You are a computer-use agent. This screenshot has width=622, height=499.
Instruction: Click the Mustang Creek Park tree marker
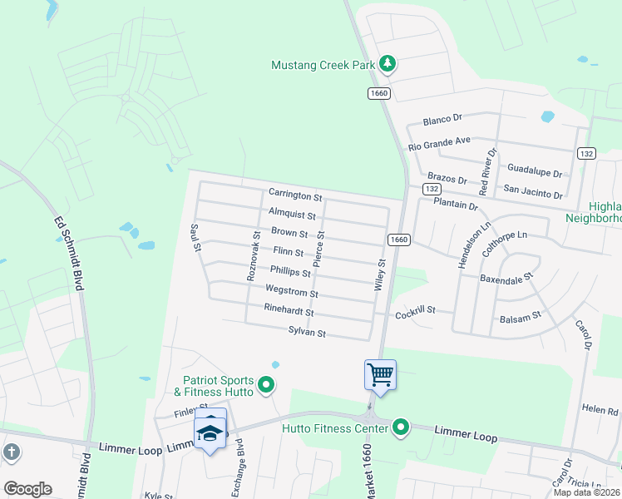tap(387, 63)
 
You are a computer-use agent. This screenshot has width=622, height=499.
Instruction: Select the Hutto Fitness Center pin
tap(401, 428)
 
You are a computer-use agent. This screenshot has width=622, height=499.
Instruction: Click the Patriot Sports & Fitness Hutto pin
tap(266, 384)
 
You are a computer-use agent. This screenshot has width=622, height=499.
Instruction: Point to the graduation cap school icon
tap(210, 431)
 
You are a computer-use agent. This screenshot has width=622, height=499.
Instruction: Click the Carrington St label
tap(294, 196)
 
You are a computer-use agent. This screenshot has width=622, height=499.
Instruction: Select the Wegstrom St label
tap(291, 293)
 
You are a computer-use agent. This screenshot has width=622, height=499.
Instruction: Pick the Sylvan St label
tap(306, 333)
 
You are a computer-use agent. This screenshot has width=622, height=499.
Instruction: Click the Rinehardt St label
tap(288, 312)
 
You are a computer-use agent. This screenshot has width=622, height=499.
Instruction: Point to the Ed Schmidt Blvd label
tap(70, 254)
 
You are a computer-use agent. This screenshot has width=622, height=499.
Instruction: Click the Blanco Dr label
tap(442, 121)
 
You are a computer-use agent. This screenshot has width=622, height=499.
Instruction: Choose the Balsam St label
tap(520, 317)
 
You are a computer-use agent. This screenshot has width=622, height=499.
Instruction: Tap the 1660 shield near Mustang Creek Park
tap(379, 93)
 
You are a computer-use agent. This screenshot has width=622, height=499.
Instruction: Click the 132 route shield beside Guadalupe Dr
tap(586, 153)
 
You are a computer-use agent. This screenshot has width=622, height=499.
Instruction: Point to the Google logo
tap(27, 489)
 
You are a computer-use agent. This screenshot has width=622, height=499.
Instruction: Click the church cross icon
tap(10, 452)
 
